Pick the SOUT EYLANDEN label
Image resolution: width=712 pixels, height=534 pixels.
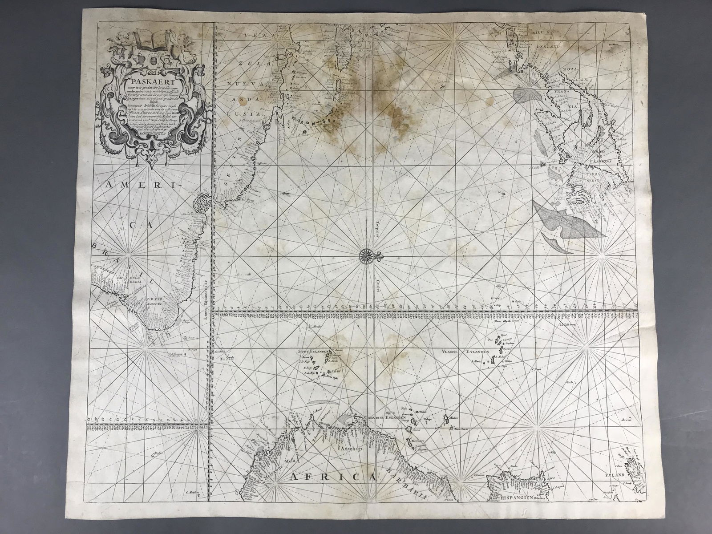tap(313, 352)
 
